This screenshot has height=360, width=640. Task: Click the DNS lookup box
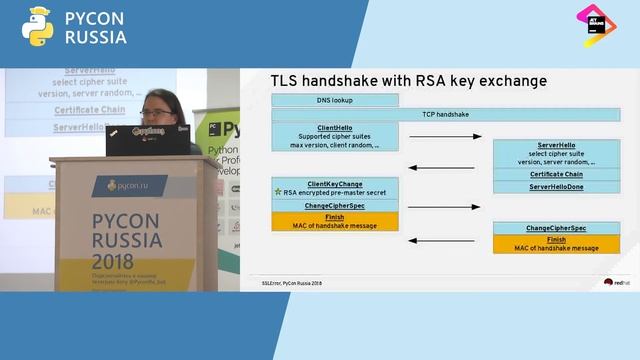(334, 100)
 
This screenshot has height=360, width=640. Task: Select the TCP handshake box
(445, 115)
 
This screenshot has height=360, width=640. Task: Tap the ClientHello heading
(334, 128)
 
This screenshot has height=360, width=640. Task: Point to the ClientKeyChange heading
(335, 184)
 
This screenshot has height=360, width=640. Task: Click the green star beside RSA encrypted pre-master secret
(277, 191)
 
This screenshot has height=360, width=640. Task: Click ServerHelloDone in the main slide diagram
(556, 187)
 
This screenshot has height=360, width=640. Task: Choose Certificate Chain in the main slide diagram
(556, 174)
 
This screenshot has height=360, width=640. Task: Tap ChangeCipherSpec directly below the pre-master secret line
(334, 205)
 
